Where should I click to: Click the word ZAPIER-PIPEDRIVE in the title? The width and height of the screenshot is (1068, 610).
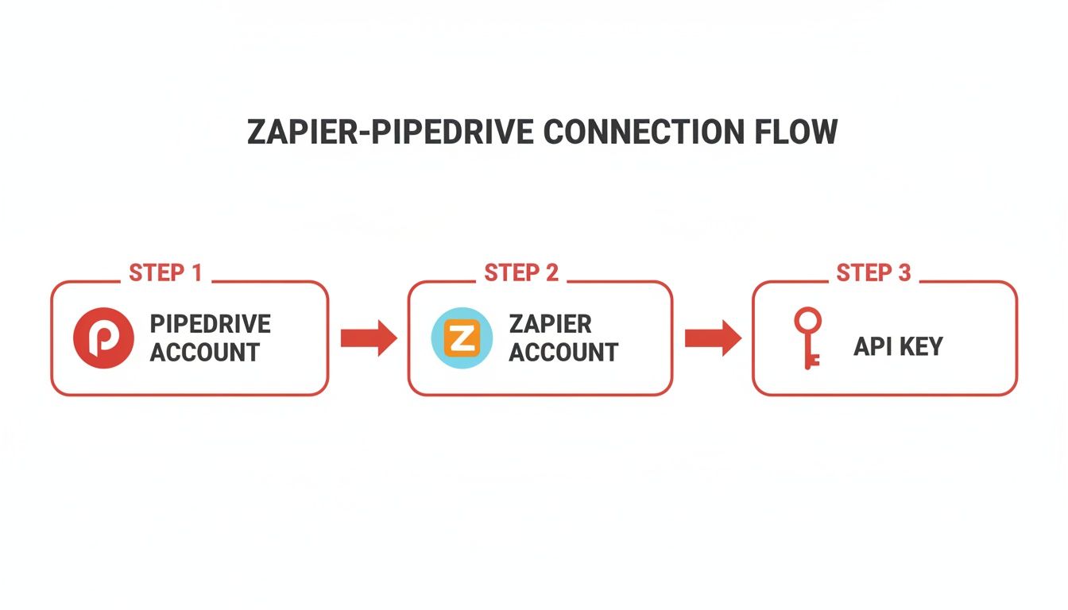click(389, 132)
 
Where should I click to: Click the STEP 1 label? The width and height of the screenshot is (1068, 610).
click(165, 273)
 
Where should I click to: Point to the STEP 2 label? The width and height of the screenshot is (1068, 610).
click(521, 273)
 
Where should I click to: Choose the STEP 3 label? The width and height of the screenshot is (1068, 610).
click(873, 273)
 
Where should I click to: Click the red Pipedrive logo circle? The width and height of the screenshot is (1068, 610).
click(103, 338)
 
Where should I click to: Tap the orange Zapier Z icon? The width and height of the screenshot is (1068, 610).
click(461, 338)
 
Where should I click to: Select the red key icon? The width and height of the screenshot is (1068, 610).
click(807, 338)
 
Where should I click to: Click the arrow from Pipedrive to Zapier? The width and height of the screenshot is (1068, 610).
click(368, 338)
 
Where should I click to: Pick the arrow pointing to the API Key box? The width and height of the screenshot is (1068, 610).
click(712, 338)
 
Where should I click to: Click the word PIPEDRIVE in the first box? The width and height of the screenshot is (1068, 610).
click(211, 324)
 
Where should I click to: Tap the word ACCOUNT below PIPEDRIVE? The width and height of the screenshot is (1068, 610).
click(205, 352)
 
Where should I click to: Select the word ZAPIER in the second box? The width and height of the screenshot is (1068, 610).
click(550, 324)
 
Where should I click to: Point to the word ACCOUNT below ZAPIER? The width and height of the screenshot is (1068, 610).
click(563, 352)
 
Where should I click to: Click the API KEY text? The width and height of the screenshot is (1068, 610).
click(898, 346)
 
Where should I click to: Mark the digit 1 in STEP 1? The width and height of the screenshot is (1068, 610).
click(195, 273)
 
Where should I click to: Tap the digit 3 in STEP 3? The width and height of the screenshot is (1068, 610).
click(904, 273)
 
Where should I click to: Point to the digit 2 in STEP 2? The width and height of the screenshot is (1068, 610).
click(551, 273)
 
